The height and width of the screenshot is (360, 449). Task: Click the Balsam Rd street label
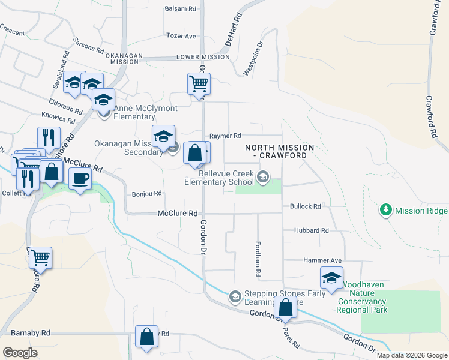coord(181,9)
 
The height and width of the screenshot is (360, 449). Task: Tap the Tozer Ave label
coord(181,36)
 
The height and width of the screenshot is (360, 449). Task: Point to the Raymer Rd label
coord(224,136)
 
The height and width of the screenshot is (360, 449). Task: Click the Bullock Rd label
coord(306,206)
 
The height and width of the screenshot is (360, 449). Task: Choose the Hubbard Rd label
coord(311,230)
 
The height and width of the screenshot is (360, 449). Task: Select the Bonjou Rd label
coord(147,194)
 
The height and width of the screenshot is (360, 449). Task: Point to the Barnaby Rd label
coord(30,332)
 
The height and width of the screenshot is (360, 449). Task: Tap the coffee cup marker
coord(80,178)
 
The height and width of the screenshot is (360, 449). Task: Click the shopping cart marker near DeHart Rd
coord(199,83)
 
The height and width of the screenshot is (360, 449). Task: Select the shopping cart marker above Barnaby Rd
coord(40,258)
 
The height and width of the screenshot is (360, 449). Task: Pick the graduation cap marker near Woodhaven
coord(331,277)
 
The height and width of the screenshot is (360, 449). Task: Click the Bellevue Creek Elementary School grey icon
coord(262,176)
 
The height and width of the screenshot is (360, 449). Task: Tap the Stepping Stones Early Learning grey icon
coord(235,296)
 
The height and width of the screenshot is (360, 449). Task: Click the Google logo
coord(20,353)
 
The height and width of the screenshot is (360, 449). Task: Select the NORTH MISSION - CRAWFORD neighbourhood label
coord(280,151)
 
